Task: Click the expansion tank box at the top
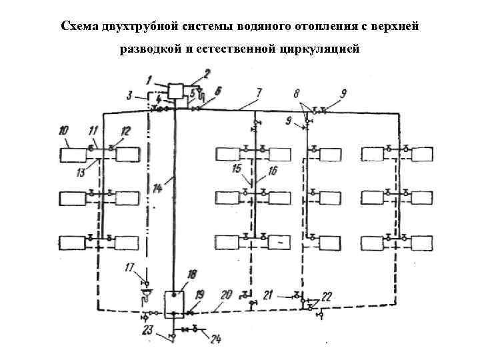[177, 91]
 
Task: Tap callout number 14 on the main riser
[157, 189]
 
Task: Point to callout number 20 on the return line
[226, 293]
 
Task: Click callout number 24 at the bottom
[215, 339]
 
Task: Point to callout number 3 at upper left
[130, 95]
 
